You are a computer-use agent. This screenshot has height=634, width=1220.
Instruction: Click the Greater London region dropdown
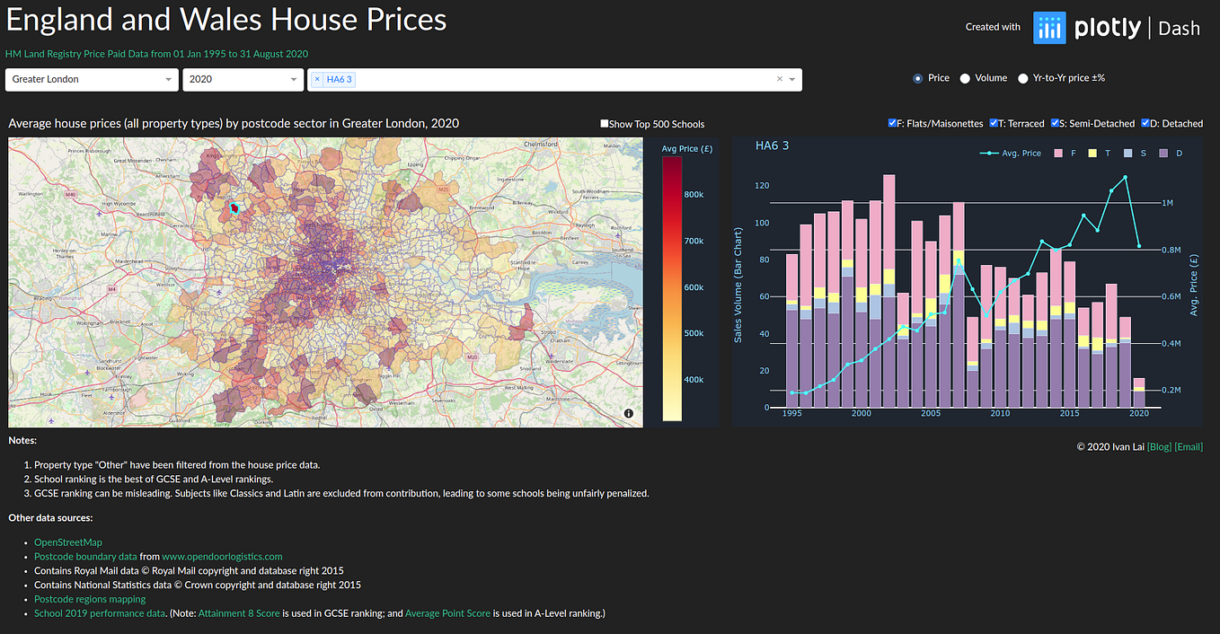click(x=90, y=80)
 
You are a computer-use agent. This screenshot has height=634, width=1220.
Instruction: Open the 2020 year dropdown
click(x=243, y=80)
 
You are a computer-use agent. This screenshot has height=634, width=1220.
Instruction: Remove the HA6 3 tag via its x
click(x=317, y=80)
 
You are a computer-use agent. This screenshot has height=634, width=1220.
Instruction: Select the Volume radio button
click(x=965, y=79)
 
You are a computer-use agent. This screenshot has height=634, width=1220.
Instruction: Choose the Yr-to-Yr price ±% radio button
click(x=1023, y=79)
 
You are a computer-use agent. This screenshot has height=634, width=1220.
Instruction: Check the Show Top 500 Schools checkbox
click(x=605, y=125)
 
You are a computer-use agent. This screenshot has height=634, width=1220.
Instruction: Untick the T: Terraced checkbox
click(x=994, y=124)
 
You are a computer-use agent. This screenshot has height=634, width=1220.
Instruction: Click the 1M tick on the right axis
click(x=1167, y=204)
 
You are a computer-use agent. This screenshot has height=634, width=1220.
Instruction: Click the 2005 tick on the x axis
click(x=931, y=414)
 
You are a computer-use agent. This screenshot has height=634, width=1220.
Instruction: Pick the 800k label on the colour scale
click(x=694, y=195)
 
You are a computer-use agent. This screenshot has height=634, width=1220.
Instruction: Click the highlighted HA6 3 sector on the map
click(x=235, y=208)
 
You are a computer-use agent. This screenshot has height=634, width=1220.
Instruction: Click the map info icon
click(x=628, y=413)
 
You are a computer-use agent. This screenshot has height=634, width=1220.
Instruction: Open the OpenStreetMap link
click(x=68, y=542)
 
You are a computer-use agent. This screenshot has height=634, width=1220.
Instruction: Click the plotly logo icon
click(x=1048, y=28)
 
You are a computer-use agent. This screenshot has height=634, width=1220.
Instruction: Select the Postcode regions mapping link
click(x=90, y=599)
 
